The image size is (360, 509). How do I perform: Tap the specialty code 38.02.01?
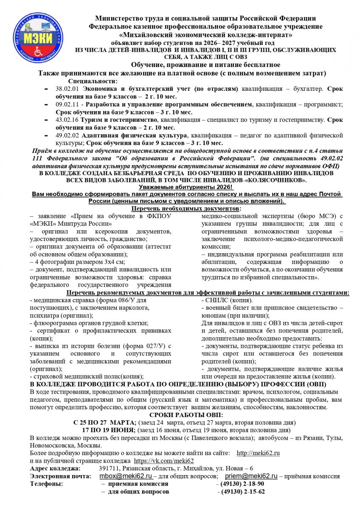point(68,89)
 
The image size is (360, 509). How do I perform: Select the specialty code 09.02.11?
point(68,104)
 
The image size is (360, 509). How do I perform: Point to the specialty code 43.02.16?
point(68,120)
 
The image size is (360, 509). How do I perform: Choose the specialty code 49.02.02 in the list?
point(68,135)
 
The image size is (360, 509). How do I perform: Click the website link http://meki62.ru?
point(258,453)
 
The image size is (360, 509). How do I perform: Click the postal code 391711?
point(108,468)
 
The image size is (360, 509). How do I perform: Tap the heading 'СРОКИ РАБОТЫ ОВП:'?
point(180,415)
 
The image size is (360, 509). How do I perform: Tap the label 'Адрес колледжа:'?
point(55,468)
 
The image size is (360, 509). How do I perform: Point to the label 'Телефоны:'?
point(47,484)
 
